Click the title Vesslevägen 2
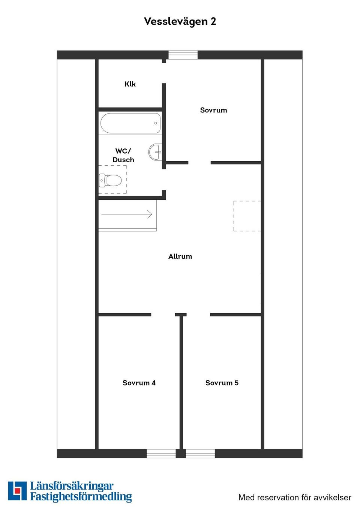[180, 22]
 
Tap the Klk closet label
[130, 84]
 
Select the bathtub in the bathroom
[130, 123]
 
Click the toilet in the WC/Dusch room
[110, 180]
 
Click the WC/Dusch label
[123, 155]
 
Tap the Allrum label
[180, 256]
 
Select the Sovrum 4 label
[139, 383]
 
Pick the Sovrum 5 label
[222, 383]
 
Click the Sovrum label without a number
[213, 110]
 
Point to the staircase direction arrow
[127, 214]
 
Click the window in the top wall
[183, 55]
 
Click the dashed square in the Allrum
[247, 216]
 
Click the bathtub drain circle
[156, 123]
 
